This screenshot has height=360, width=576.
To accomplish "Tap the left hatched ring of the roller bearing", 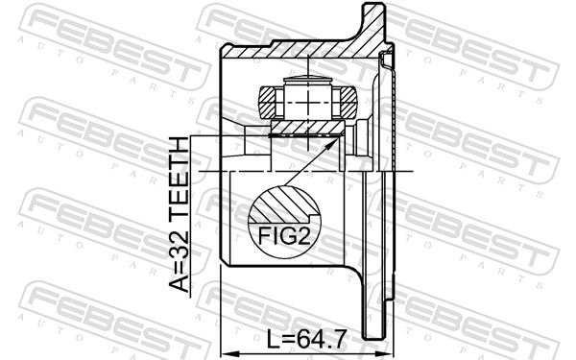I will coord(270,100).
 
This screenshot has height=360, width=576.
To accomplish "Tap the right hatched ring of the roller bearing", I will coord(344,100).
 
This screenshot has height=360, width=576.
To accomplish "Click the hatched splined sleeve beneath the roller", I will coord(305,127).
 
